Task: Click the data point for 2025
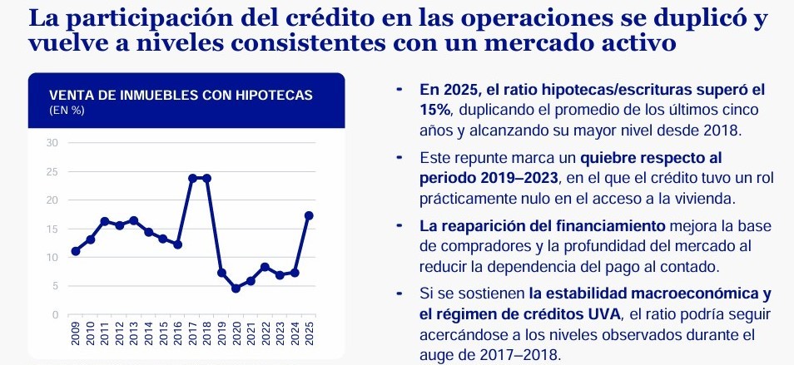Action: pos(310,215)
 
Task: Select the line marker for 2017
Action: pos(193,178)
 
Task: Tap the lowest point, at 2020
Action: pos(236,289)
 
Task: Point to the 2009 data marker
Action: pos(76,251)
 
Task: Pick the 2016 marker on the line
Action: pos(178,244)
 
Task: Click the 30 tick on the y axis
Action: pos(52,143)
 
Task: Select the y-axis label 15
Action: pos(52,229)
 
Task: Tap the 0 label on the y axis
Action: pos(54,314)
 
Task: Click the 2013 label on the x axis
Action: pos(134,334)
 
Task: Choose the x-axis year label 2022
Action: pos(265,334)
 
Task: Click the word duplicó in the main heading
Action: pos(705,18)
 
